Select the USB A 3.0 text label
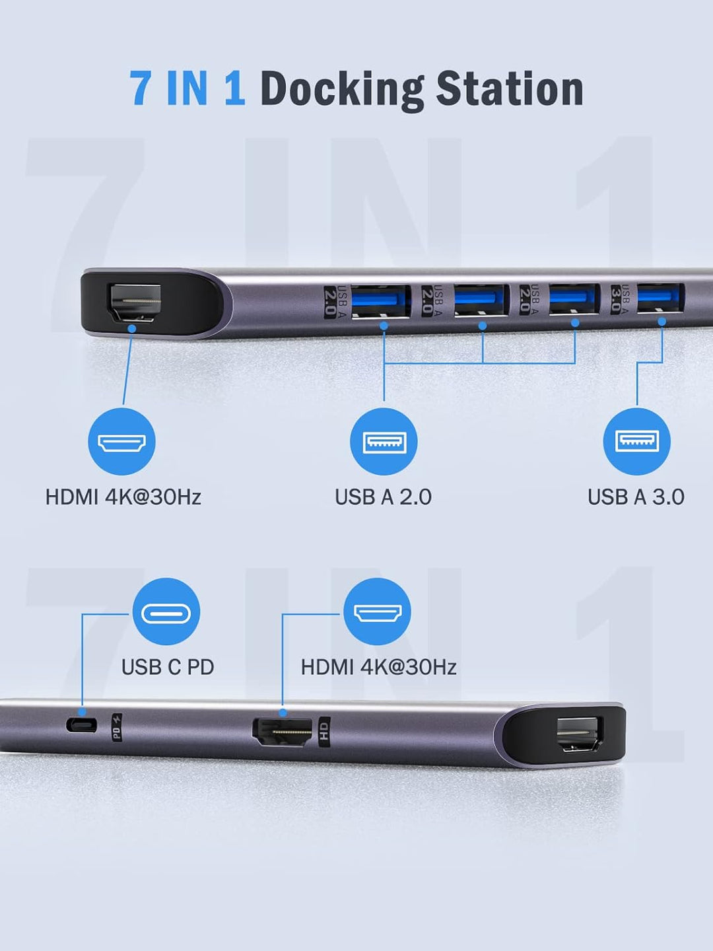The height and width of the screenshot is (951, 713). [636, 497]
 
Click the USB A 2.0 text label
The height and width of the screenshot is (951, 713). [383, 497]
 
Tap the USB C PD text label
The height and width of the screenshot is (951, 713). [168, 667]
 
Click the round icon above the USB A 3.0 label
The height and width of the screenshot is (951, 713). [636, 440]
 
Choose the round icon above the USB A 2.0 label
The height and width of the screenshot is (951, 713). [383, 441]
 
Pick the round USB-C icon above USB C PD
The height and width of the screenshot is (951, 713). [166, 612]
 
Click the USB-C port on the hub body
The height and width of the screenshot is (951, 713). [81, 725]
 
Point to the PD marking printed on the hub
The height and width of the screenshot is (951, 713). [116, 727]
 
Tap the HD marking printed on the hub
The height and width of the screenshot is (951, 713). [323, 731]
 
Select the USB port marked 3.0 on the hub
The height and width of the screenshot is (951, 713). [660, 298]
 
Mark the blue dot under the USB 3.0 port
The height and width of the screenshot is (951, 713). [662, 322]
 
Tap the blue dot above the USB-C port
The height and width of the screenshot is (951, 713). [82, 712]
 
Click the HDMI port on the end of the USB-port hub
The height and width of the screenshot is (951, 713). [135, 302]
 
